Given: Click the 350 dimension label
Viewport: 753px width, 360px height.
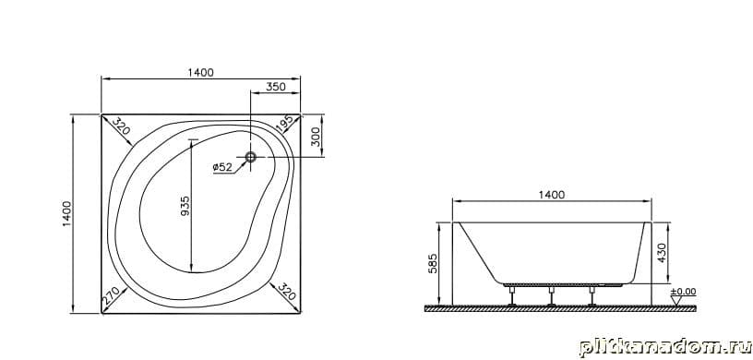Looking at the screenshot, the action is coord(276,87).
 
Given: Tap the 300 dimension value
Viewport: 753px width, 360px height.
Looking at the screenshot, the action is coord(317,138).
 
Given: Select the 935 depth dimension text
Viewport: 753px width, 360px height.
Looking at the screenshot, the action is coord(185,205).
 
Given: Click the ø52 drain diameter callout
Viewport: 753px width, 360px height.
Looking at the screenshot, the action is coord(222,167).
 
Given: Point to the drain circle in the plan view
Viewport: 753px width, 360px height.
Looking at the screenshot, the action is coord(251,157).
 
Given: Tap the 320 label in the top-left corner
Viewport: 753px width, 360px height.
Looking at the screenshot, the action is coord(121,126).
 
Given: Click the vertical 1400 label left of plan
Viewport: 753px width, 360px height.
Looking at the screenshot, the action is coord(66,214).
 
